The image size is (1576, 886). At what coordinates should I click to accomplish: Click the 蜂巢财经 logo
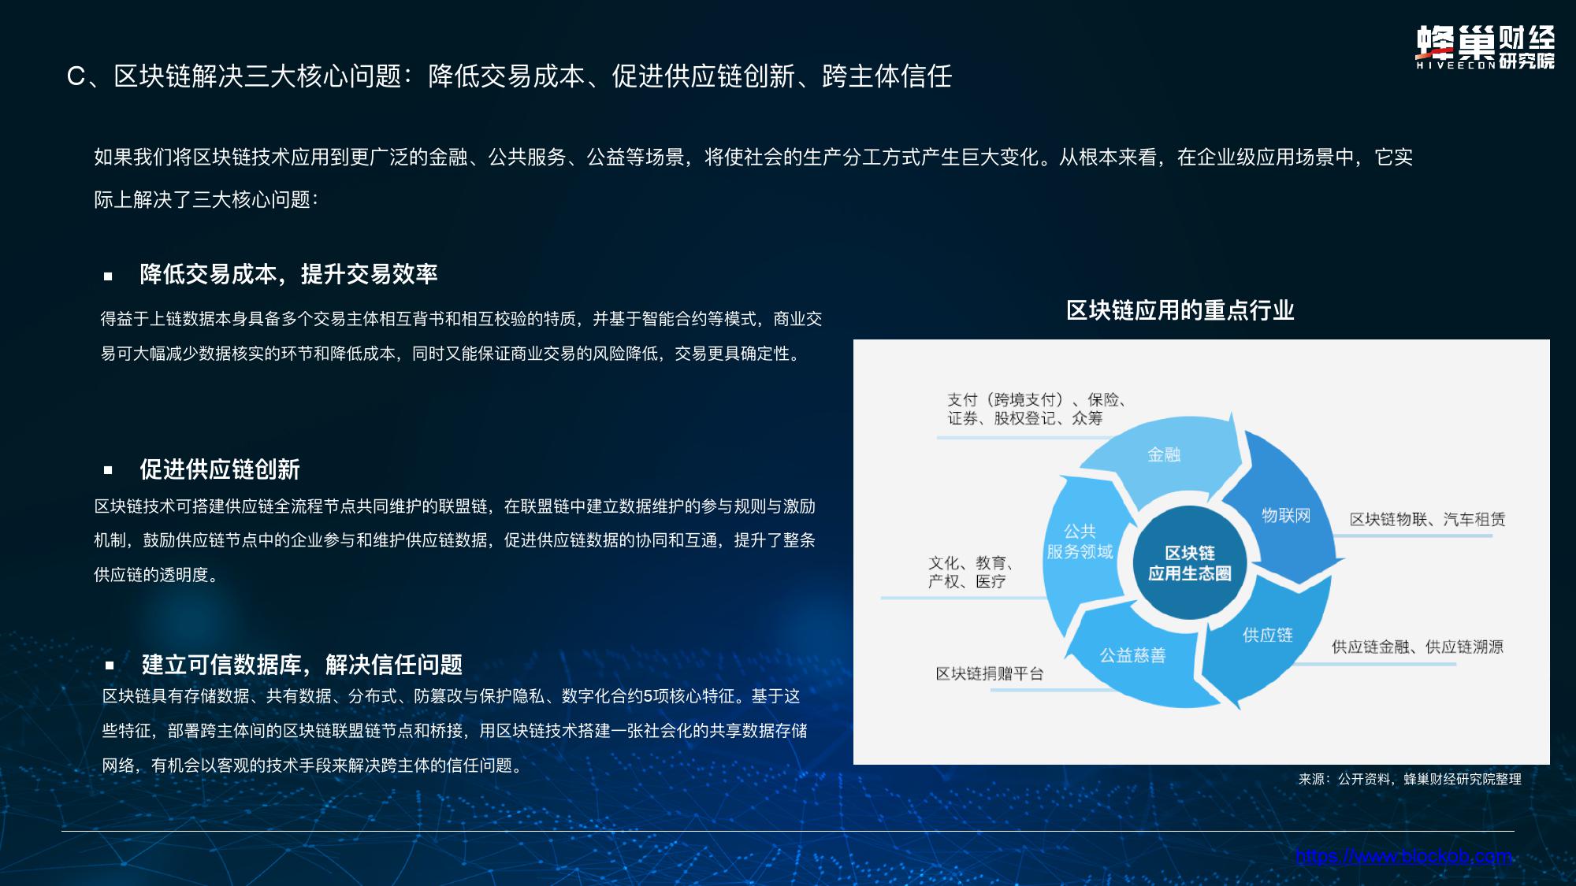[x=1485, y=48]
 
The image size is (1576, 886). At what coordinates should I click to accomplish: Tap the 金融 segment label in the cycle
[x=1164, y=454]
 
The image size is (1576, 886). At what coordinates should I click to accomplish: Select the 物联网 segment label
[x=1286, y=515]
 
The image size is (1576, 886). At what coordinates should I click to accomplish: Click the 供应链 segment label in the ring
[x=1268, y=635]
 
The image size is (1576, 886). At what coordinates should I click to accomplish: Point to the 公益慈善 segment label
[x=1133, y=655]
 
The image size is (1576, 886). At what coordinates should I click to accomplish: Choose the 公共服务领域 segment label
[x=1080, y=542]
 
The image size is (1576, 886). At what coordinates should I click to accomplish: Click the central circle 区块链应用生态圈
[x=1190, y=563]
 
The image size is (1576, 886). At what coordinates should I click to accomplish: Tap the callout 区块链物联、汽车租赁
[x=1427, y=519]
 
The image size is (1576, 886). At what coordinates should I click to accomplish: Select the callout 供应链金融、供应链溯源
[x=1418, y=647]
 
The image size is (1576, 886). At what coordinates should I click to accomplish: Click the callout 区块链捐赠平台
[x=990, y=673]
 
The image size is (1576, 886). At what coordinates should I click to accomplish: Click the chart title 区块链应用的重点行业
[x=1180, y=310]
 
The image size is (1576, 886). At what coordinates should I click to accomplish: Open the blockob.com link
[x=1404, y=857]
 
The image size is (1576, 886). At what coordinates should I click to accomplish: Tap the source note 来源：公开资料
[x=1410, y=779]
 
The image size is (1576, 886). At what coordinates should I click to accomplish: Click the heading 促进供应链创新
[x=220, y=469]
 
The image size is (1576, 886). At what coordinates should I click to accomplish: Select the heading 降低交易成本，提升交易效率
[x=288, y=274]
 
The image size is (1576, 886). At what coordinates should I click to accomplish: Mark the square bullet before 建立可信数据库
[x=110, y=665]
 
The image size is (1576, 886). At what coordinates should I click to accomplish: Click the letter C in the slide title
[x=76, y=76]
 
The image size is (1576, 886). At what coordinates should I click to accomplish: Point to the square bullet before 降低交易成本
[x=108, y=276]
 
